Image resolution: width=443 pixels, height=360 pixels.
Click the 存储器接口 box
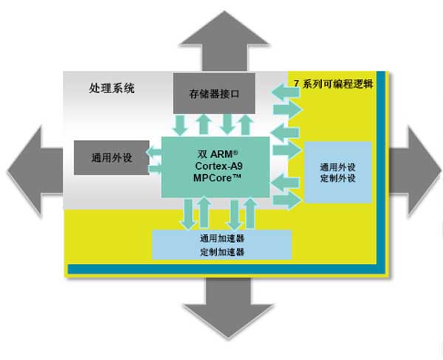coord(214,94)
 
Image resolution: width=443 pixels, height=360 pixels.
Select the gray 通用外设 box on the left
coord(111,156)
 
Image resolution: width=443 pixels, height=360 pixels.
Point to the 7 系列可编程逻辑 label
coord(333,83)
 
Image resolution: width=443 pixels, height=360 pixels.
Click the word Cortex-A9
coord(215,167)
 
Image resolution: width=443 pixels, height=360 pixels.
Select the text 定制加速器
coord(221,252)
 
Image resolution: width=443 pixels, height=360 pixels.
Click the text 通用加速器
coord(221,239)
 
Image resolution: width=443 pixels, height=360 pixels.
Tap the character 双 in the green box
coord(202,155)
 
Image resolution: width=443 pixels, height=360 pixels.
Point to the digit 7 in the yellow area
coord(297,83)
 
